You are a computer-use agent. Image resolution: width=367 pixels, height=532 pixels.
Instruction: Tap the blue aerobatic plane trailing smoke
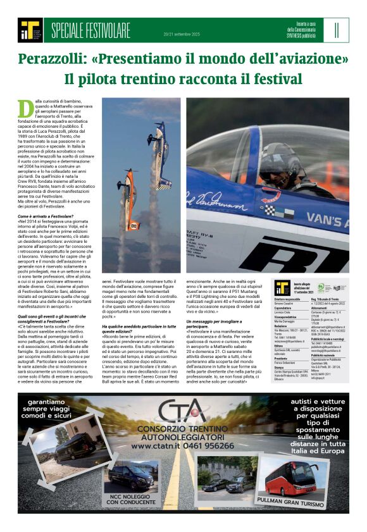click(159, 152)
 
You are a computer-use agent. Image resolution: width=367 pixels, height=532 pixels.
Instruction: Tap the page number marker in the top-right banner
click(337, 30)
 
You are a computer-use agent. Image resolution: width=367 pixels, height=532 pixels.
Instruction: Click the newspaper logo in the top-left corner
click(30, 30)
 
